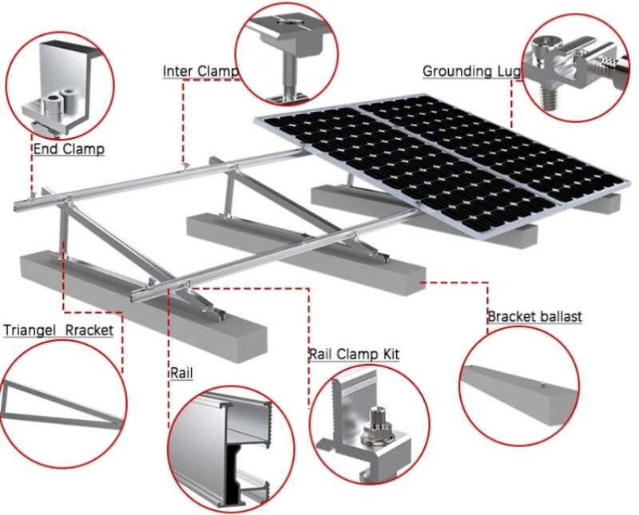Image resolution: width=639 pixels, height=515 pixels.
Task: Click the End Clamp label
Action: coord(68,149)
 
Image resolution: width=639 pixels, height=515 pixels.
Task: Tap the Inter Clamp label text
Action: coord(200,71)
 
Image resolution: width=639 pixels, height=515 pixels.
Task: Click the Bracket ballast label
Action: coord(534,317)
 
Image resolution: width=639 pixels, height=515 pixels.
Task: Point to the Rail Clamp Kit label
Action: coord(354,354)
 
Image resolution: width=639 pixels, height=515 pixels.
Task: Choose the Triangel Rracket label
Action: coord(58,330)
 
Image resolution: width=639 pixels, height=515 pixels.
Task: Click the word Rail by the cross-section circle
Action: coord(181,373)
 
